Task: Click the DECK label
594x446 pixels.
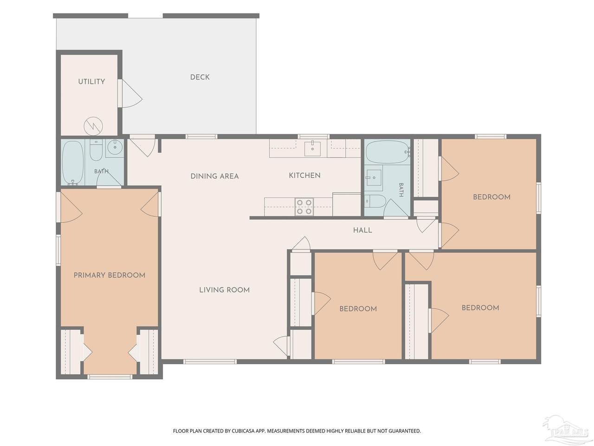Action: [200, 77]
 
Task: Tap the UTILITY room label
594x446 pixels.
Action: [91, 81]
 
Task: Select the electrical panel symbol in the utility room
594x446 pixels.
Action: [93, 126]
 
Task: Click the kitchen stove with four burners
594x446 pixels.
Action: [304, 207]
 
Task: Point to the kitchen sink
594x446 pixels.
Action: [313, 149]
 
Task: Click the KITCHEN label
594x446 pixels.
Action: [304, 176]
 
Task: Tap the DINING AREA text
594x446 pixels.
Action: [214, 176]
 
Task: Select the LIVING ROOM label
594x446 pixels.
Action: [224, 290]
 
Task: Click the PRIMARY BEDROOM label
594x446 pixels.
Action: [110, 275]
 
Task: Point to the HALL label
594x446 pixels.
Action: [362, 230]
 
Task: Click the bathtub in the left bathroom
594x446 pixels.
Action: [73, 163]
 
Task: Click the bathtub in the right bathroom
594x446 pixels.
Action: [388, 152]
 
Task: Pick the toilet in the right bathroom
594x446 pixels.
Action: [374, 201]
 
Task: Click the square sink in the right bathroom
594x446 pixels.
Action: [374, 177]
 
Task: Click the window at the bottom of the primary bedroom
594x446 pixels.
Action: [110, 377]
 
